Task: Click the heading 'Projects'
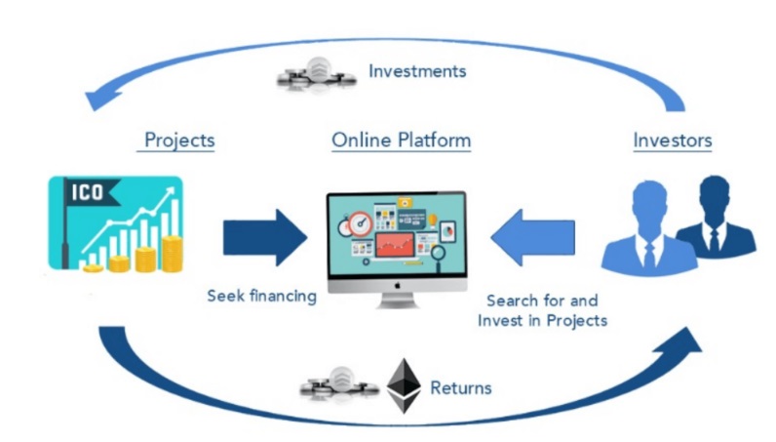tap(179, 141)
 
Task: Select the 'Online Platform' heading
tap(401, 141)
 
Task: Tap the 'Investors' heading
tap(673, 141)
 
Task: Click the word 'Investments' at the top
tap(417, 71)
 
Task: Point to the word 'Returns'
tap(460, 388)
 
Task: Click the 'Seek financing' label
tap(261, 296)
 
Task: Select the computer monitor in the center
tap(395, 239)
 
